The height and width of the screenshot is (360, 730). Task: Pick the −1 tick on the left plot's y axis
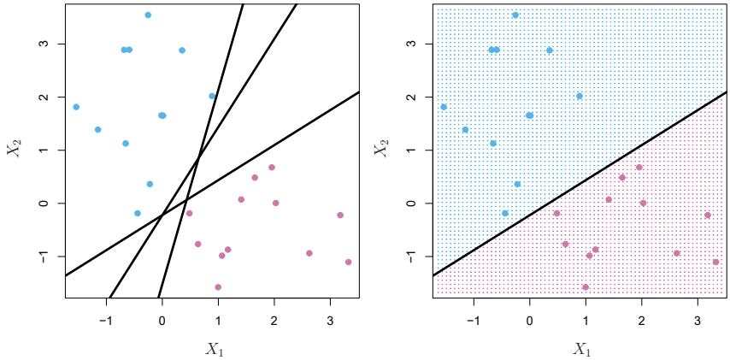point(44,256)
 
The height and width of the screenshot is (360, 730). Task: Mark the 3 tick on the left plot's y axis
point(44,44)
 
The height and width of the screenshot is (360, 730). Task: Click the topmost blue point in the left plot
point(148,15)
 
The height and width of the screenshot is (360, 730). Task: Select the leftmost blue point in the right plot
point(444,107)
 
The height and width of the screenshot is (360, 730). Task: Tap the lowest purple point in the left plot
point(218,287)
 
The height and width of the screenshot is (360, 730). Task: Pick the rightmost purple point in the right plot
point(715,262)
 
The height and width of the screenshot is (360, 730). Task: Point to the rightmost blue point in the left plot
point(212,96)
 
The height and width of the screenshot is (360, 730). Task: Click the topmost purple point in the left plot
point(272,168)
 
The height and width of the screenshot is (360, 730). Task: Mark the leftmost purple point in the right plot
point(556,213)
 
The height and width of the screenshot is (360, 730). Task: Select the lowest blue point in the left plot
point(138,213)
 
